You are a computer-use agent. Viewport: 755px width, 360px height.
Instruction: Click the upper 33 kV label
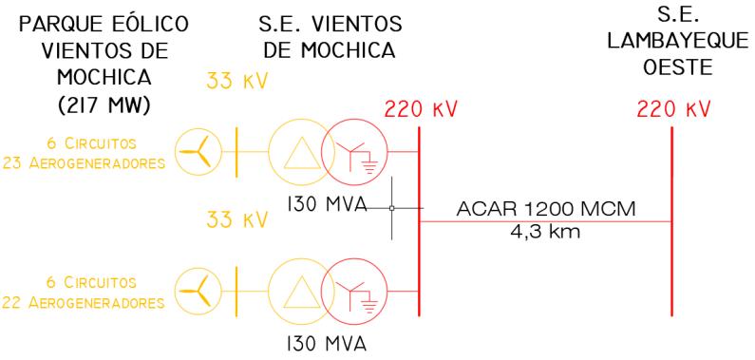point(237,82)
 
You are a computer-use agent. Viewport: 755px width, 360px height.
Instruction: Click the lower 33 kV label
point(237,220)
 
